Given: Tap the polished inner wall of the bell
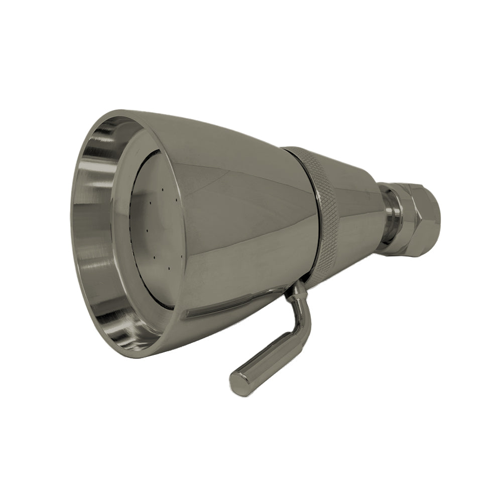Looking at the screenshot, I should coord(95,226).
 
